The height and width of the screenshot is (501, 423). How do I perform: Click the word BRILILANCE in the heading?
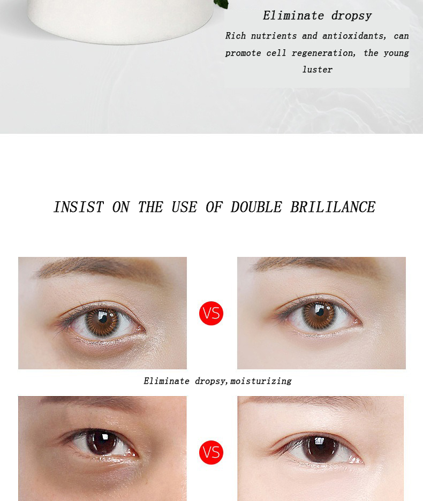(x=333, y=207)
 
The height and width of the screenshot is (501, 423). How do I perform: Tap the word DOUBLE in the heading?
(x=256, y=207)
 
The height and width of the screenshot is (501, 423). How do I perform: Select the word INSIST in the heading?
(x=79, y=207)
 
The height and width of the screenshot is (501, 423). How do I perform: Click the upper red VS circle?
(x=211, y=313)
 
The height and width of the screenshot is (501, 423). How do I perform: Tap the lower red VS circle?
(x=211, y=452)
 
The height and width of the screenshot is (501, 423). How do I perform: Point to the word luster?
(x=318, y=70)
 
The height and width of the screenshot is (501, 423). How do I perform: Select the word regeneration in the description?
(x=323, y=53)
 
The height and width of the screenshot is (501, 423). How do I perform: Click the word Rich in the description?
(x=236, y=36)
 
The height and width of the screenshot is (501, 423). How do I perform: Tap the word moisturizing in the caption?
(x=261, y=381)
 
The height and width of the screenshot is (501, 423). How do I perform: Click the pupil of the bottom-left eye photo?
(x=101, y=442)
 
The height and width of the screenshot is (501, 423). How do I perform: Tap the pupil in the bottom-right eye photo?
(x=320, y=449)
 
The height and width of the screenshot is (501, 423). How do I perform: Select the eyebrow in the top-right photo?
(x=315, y=265)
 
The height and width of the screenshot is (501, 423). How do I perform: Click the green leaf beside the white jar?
(x=221, y=4)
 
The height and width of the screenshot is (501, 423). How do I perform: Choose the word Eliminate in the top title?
(x=293, y=16)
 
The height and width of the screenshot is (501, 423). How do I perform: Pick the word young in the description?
(x=396, y=53)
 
